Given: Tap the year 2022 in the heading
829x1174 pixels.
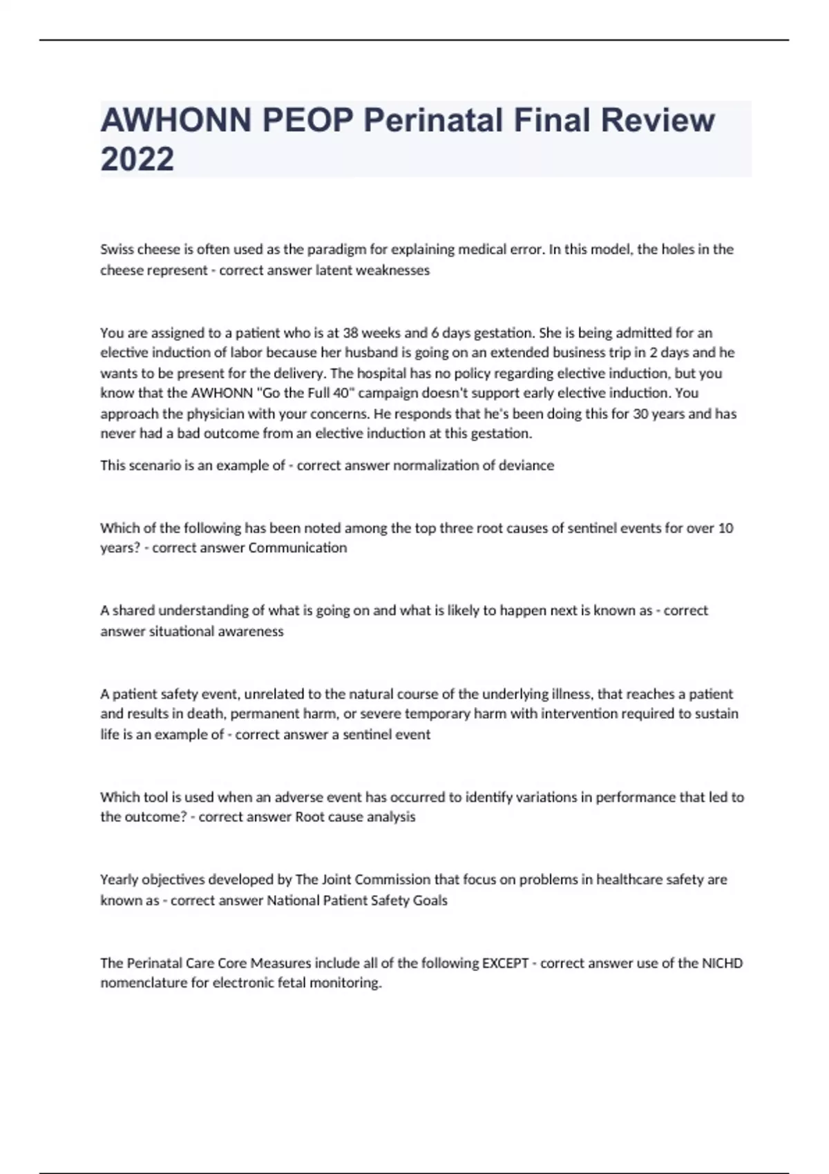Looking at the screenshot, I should [x=137, y=160].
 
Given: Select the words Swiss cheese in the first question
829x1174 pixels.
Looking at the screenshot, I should [x=135, y=249].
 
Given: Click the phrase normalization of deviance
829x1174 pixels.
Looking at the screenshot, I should [x=473, y=465].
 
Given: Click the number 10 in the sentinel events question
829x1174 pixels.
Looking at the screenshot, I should [x=725, y=528].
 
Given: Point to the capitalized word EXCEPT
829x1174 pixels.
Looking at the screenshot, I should [x=505, y=963].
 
